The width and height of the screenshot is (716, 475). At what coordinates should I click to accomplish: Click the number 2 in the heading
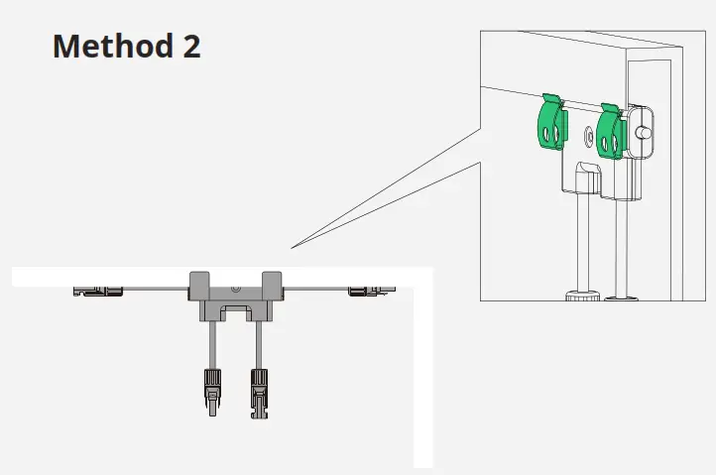(x=190, y=46)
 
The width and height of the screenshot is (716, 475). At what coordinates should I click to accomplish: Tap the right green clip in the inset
(x=610, y=132)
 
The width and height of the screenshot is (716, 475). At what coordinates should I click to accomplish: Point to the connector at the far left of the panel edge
(x=98, y=291)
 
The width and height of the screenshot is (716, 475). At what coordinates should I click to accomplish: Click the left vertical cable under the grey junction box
(x=209, y=344)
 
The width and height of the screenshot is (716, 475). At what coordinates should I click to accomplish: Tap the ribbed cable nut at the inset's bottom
(x=580, y=295)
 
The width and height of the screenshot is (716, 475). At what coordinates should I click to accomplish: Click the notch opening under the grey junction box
(x=235, y=314)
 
